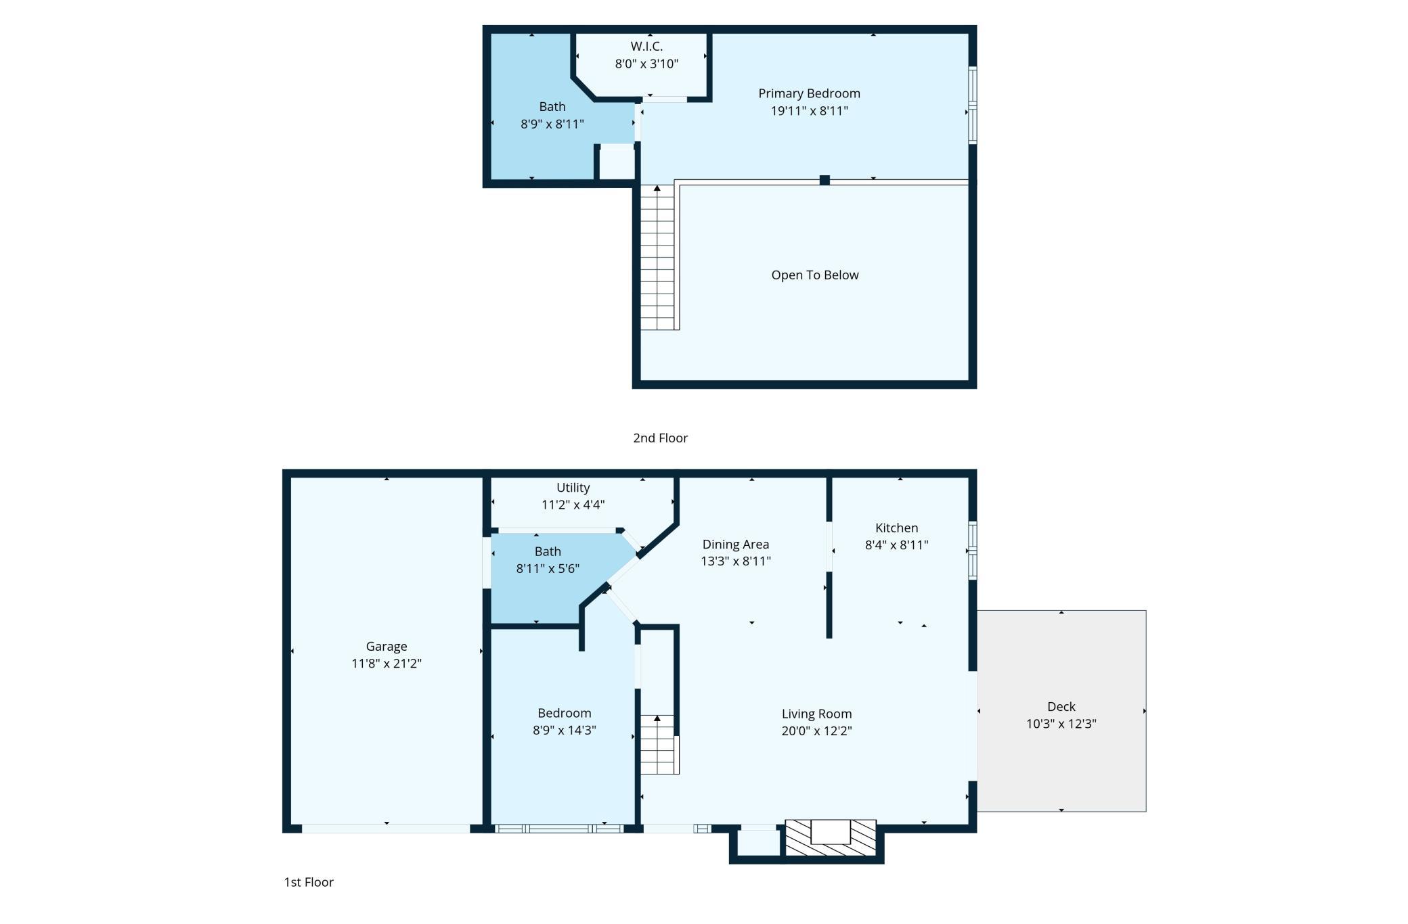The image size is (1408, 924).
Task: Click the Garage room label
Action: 387,647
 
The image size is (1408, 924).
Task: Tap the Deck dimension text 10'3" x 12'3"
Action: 1061,724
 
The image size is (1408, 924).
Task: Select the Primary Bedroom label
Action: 809,93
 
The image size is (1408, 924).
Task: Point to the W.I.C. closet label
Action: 646,46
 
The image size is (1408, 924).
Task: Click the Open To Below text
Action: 815,275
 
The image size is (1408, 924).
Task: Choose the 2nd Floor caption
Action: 660,438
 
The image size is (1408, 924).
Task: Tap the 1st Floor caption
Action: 309,882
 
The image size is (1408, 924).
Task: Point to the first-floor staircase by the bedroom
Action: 659,744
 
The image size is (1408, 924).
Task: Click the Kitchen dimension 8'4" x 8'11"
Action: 896,545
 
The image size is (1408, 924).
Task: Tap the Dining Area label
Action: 735,544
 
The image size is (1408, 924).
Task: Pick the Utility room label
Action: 573,487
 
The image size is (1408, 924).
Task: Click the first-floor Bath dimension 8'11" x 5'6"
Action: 548,568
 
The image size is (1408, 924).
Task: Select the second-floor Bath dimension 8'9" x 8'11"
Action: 552,124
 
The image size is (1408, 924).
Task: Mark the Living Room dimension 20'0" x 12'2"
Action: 816,731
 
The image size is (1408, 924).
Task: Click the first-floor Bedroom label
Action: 564,713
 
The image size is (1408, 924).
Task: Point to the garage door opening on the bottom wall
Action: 386,829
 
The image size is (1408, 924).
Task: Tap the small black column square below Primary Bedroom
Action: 824,180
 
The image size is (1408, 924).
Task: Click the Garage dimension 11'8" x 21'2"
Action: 387,664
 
